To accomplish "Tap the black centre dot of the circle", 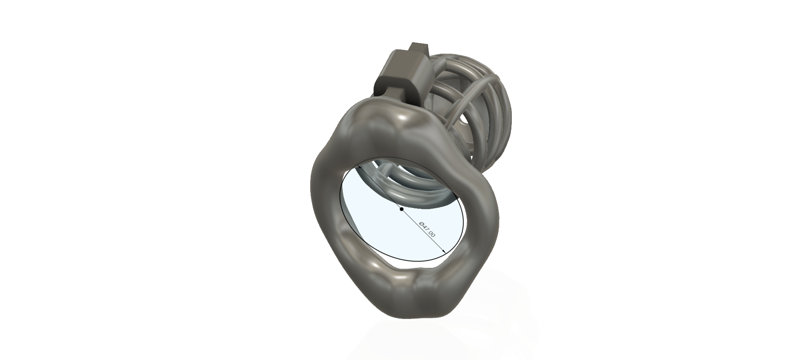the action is (x=401, y=209).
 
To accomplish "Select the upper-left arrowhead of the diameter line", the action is (x=359, y=167).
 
